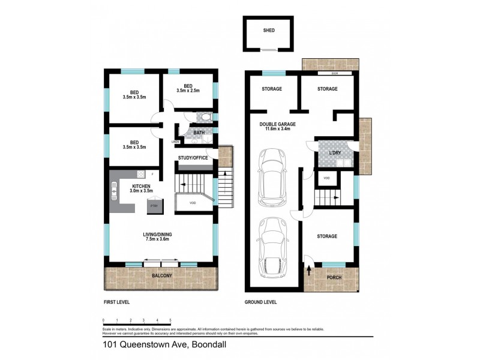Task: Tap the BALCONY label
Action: [162, 276]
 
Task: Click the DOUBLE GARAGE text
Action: [277, 124]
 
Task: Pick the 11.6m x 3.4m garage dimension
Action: [277, 130]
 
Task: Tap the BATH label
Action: [199, 133]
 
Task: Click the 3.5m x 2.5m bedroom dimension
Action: [188, 91]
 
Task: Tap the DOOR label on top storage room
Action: [334, 74]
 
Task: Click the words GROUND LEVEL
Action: [260, 302]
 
